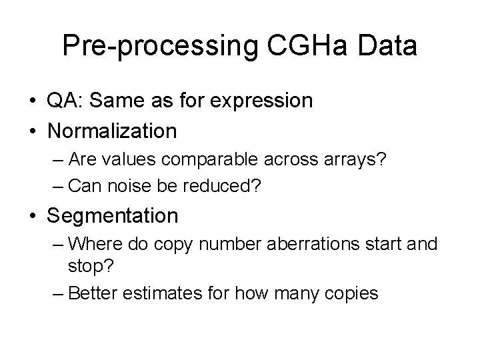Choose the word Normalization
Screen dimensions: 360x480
pyautogui.click(x=112, y=130)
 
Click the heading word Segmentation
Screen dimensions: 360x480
pyautogui.click(x=113, y=215)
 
